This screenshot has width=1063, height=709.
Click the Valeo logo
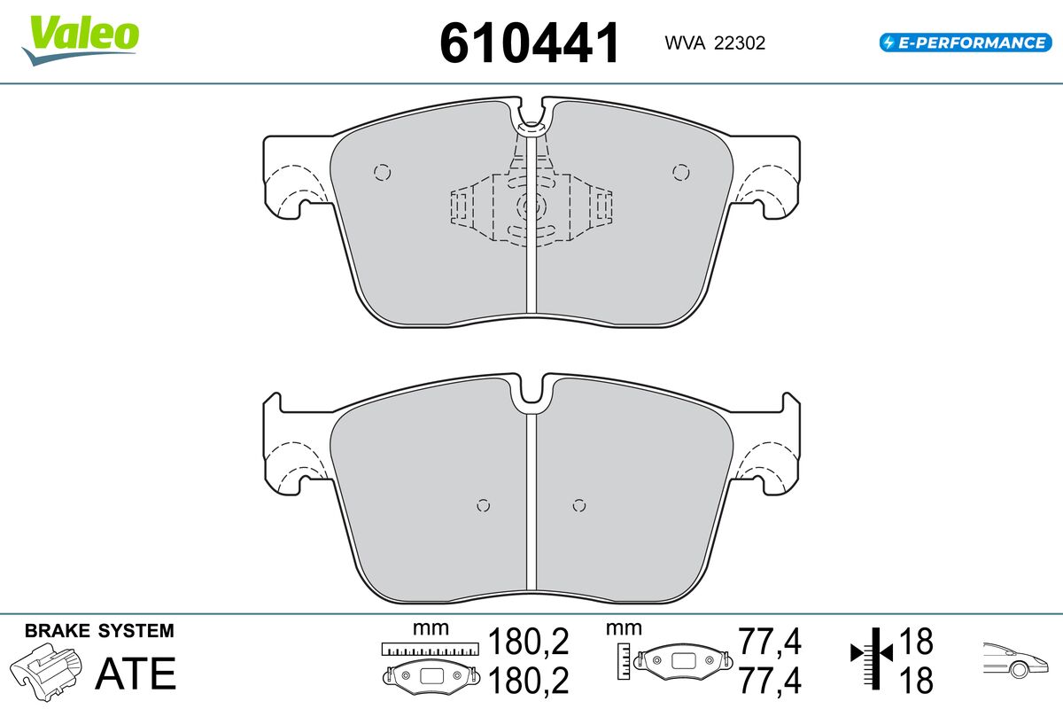pos(81,40)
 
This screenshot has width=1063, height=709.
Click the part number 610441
pos(529,43)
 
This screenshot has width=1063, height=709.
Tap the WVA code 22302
pos(740,43)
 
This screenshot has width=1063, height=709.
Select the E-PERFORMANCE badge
pos(966,43)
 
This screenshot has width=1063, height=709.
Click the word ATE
pos(136,674)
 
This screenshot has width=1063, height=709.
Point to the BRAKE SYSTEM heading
pos(99,631)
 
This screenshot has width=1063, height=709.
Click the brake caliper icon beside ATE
pos(46,672)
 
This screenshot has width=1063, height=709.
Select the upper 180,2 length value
pos(528,642)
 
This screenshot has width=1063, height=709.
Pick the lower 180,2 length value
pos(528,681)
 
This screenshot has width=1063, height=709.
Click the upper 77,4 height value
pos(770,642)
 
